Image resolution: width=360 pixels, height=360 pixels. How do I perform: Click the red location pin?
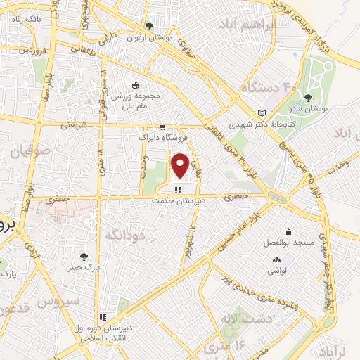[x=180, y=166]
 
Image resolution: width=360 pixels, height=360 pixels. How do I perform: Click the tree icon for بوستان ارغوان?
[x=149, y=26]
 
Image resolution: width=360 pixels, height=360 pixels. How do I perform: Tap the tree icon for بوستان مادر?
[x=309, y=98]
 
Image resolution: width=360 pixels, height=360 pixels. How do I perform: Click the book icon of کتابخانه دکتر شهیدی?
[x=262, y=112]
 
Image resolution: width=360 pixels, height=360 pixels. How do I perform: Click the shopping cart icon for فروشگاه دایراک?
[x=163, y=127]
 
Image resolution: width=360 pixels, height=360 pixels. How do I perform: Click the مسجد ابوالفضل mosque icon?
[x=288, y=231]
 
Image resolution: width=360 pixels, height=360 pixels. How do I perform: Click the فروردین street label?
[x=33, y=51]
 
